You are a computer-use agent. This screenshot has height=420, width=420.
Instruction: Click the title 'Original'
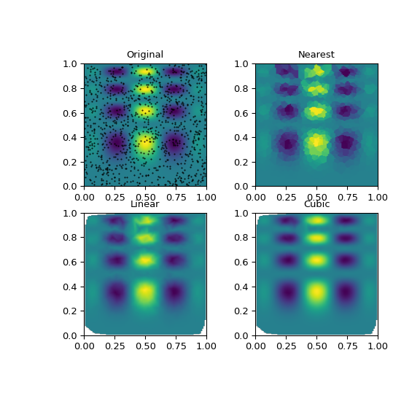(x=145, y=55)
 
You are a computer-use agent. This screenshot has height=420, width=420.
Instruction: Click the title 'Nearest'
(x=316, y=55)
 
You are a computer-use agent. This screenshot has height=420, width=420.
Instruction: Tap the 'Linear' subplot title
(x=145, y=204)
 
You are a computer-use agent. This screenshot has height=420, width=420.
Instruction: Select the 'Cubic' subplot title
(x=316, y=204)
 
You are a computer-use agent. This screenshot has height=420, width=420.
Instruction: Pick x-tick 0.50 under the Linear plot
(x=145, y=346)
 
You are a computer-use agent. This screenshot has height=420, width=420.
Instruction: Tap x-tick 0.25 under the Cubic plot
(x=286, y=346)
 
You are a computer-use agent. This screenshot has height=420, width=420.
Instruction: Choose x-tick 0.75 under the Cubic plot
(x=347, y=346)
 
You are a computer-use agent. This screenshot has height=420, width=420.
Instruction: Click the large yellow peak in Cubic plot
(x=316, y=292)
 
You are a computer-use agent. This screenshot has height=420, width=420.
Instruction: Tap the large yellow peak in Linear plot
(x=145, y=292)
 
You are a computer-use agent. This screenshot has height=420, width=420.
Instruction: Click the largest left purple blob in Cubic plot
(x=287, y=293)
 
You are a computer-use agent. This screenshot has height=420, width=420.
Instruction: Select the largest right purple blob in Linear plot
(x=175, y=293)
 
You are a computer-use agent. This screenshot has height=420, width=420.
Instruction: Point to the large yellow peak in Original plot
(x=145, y=142)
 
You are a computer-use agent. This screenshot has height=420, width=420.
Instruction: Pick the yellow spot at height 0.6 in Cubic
(x=316, y=260)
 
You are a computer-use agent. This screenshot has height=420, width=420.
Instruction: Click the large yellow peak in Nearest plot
(x=316, y=141)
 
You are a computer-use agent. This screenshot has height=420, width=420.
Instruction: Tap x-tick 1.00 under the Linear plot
(x=206, y=346)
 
